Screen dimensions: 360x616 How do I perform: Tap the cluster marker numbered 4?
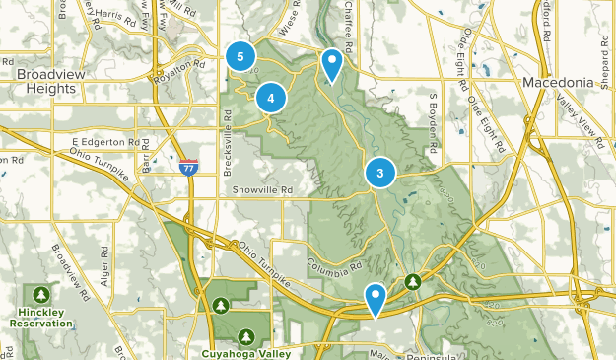coord(271,98)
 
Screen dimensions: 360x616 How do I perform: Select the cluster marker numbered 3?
coord(380,174)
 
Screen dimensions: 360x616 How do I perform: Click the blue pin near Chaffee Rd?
coord(333,64)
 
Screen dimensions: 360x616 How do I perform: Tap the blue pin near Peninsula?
coord(376,298)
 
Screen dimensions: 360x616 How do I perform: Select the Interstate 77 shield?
coord(188,169)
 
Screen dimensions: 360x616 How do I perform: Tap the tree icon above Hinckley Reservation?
coord(41,294)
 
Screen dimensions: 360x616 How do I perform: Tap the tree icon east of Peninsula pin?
coord(413,283)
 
